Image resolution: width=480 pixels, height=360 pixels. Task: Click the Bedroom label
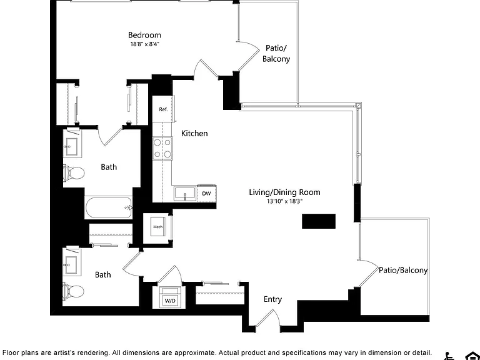[144, 35]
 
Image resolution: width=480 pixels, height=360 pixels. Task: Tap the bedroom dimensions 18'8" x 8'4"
[145, 44]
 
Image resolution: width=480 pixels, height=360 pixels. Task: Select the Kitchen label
[194, 134]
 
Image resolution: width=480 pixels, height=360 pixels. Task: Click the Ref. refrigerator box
[164, 109]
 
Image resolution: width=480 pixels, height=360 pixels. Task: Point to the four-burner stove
[162, 149]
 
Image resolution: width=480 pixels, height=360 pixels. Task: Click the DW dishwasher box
[207, 194]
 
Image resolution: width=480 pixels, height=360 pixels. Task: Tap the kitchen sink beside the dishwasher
[185, 194]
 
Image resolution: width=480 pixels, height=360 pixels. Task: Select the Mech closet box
[158, 227]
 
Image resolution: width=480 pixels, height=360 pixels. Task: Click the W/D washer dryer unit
[170, 297]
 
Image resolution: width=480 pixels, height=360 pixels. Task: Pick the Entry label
[272, 299]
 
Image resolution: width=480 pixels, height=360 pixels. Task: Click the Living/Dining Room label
[285, 192]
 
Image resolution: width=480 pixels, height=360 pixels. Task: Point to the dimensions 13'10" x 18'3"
[285, 201]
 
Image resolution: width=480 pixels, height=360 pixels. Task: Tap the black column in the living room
[319, 221]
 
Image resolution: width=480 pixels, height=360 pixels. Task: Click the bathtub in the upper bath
[108, 207]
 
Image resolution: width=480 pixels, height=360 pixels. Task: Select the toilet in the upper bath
[74, 173]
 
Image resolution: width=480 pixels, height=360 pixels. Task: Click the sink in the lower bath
[72, 262]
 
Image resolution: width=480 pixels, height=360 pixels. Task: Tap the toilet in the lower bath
[74, 291]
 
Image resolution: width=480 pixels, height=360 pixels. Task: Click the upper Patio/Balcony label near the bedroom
[276, 53]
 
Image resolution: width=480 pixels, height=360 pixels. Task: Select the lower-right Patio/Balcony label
[403, 270]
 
